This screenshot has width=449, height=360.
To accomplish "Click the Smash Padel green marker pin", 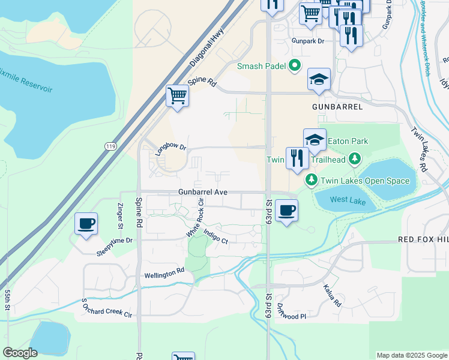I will [295, 66].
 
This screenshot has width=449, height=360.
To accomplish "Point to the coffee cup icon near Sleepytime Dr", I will [85, 224].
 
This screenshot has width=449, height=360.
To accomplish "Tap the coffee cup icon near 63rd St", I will [287, 210].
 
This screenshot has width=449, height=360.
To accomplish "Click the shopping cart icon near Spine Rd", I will [178, 95].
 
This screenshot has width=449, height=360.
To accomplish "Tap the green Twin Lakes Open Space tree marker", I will [312, 179].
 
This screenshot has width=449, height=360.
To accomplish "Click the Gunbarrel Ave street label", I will [202, 192].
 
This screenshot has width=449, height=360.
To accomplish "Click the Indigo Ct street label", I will [215, 237].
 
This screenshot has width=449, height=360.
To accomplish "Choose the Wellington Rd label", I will [164, 274].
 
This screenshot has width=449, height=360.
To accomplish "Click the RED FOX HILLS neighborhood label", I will [423, 239].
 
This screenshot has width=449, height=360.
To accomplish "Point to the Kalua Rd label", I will [332, 295].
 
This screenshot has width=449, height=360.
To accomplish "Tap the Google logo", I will [20, 353].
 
